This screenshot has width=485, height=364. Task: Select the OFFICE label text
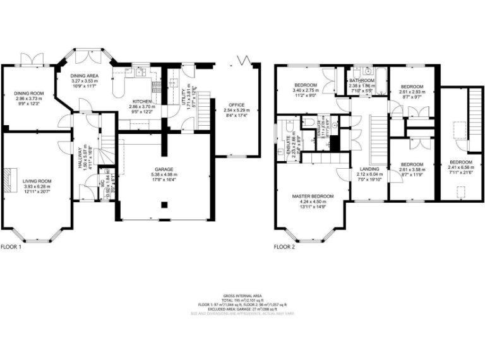(237, 104)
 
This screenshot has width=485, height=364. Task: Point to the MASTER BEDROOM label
(313, 197)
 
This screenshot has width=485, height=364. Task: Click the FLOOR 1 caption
(11, 247)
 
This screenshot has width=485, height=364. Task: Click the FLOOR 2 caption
(284, 247)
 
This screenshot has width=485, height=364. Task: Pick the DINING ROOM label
(28, 94)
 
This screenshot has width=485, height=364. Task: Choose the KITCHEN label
(142, 102)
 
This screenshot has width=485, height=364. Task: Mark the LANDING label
(370, 169)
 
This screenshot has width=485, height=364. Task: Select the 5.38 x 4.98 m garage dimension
(165, 175)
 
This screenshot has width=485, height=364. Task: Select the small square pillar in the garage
(165, 204)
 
